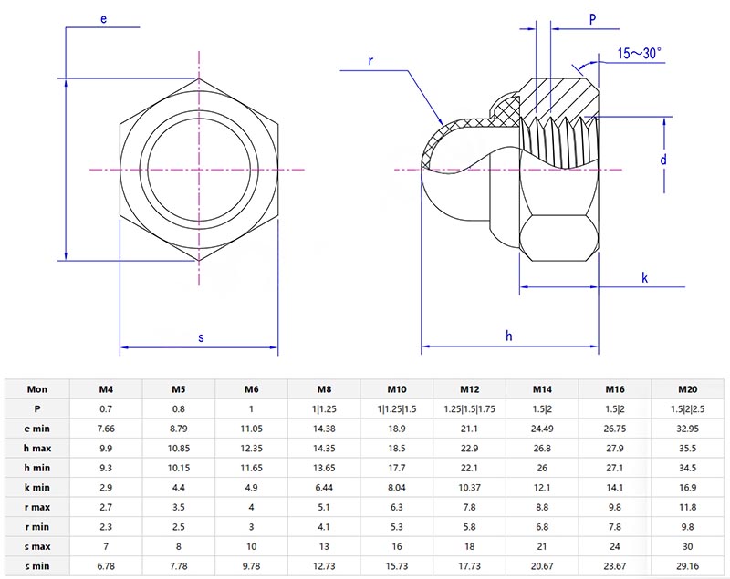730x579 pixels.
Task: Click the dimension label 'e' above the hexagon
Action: click(104, 18)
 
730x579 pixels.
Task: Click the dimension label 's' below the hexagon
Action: click(201, 337)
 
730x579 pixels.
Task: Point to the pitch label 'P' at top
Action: click(592, 18)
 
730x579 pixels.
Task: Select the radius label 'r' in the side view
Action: click(370, 60)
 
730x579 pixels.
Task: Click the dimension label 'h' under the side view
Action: click(509, 336)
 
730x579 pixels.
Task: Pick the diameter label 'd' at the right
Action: click(663, 159)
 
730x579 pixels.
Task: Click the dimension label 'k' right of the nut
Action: click(644, 277)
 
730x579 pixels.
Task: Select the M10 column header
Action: click(397, 389)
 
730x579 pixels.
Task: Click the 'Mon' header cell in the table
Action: click(37, 389)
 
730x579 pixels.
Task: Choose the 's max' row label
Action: click(37, 544)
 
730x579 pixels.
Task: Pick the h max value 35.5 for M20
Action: click(689, 448)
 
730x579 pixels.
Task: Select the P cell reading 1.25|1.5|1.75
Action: click(470, 408)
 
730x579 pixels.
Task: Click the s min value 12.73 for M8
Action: click(324, 565)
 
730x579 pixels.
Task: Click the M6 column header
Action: click(251, 389)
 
